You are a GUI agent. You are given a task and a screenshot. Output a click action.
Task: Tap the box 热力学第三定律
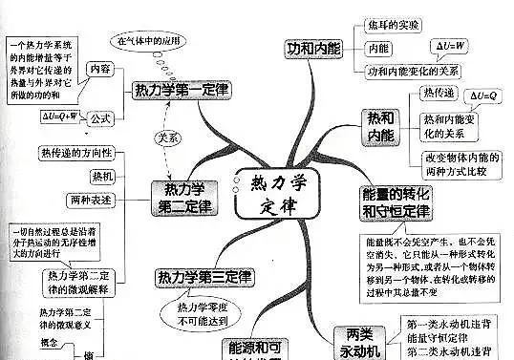[204, 278]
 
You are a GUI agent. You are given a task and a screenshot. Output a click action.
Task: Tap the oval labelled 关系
[169, 137]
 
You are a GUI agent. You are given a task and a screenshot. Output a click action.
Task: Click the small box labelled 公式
[99, 122]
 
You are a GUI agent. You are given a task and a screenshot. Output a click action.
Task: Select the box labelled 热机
[98, 177]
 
